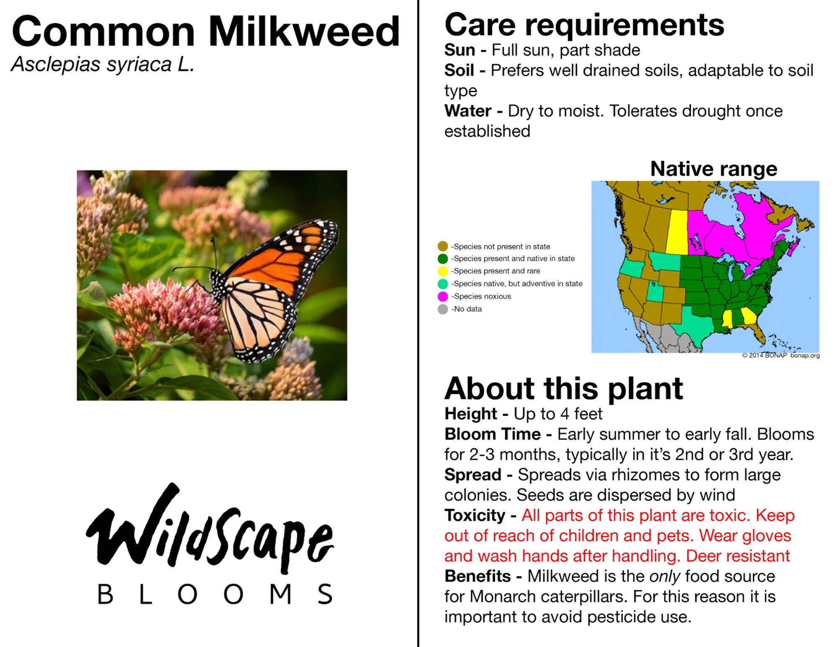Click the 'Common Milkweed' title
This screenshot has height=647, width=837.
coord(206,31)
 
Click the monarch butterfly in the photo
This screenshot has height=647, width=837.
coord(268,289)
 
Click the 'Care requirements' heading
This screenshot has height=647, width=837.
coord(584,25)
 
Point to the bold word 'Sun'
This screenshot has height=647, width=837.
coord(460,50)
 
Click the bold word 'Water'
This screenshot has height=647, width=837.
coord(468,111)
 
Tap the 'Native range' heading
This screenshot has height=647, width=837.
coord(714,169)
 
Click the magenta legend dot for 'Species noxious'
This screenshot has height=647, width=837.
coord(443,296)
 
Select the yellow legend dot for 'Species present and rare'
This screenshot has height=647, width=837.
coord(443,271)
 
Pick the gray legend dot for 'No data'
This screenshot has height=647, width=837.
coord(443,309)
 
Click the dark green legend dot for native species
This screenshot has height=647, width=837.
coord(443,259)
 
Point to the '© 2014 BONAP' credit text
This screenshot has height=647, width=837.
coord(764,356)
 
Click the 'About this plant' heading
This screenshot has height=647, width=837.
coord(563,389)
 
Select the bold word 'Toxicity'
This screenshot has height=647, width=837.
coord(475,516)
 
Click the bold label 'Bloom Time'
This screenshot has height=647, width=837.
coord(493,434)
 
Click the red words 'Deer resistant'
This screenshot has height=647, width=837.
coord(738,556)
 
